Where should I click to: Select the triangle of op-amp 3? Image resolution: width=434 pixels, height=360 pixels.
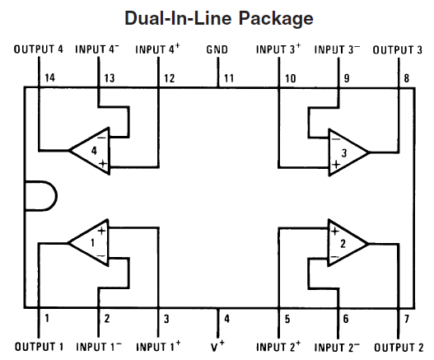[345, 151]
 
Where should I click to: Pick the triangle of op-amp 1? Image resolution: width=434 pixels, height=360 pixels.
[90, 243]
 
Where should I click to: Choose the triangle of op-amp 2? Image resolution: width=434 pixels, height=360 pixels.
[345, 243]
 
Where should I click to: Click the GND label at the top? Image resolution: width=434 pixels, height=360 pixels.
[217, 50]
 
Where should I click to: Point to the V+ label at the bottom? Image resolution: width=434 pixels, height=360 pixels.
[218, 347]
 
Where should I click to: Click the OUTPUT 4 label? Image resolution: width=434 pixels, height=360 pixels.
[39, 50]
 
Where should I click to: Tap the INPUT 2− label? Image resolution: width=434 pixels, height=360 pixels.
[338, 347]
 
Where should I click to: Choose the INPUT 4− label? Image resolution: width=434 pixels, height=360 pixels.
[97, 50]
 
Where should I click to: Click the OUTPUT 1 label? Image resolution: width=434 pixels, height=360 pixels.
[39, 347]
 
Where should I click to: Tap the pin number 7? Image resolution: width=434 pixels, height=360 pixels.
[405, 318]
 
